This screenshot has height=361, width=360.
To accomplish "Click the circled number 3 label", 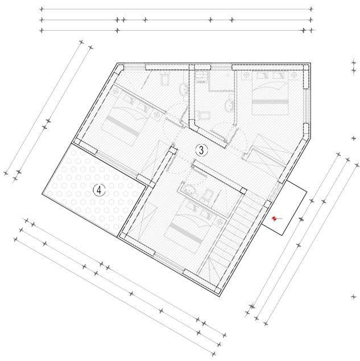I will click(x=201, y=150).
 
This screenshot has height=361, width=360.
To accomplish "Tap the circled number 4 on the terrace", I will click(x=99, y=190).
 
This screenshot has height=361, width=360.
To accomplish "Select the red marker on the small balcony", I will click(x=275, y=218).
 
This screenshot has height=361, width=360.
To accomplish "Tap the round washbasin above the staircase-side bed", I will click(x=188, y=188).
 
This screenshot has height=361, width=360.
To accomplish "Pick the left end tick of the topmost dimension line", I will click(x=42, y=9).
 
